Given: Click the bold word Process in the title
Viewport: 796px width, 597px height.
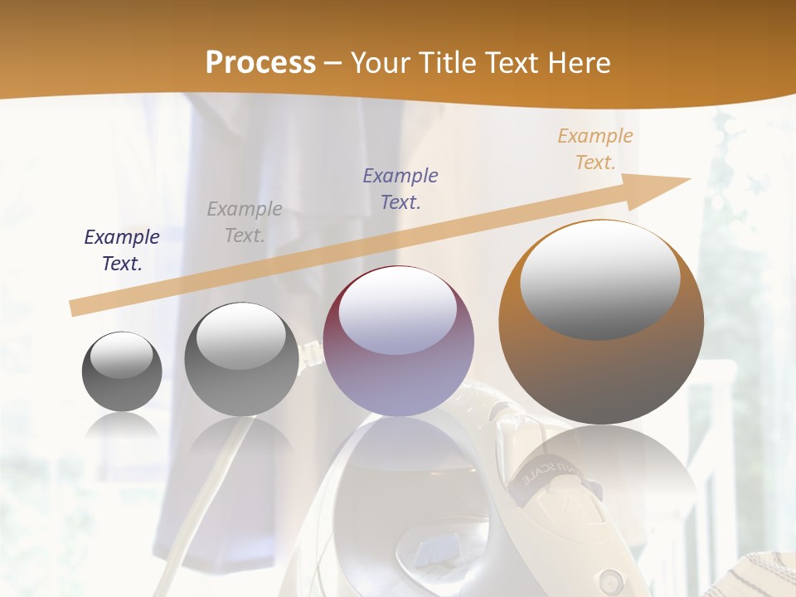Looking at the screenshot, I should coord(260,63).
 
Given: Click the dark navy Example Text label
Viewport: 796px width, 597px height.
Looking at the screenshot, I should coord(122,250).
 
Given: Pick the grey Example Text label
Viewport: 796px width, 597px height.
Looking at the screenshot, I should coord(245,222).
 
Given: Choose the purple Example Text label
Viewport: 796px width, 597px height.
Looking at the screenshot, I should coord(400,188).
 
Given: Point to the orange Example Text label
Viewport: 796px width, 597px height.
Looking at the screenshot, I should coord(595,149).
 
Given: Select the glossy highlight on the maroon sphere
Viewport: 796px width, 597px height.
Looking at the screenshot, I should coord(398,310).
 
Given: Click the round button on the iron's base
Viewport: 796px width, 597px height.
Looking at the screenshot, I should coord(611,578).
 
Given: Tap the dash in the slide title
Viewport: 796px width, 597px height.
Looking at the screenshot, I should coord(332,64).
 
